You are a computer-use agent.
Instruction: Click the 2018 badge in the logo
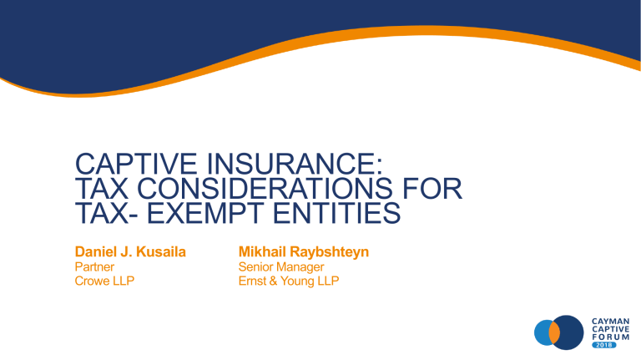click(606, 351)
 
